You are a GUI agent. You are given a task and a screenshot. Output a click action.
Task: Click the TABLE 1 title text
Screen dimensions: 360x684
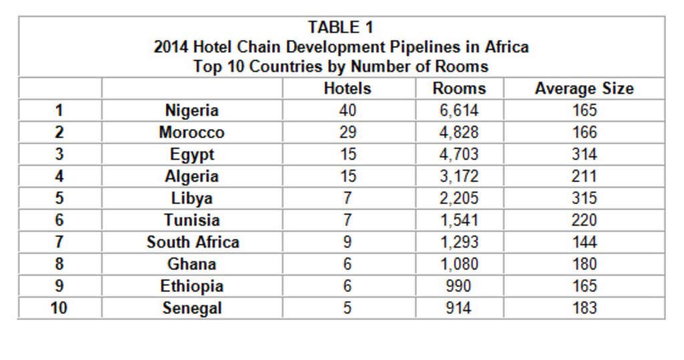341,27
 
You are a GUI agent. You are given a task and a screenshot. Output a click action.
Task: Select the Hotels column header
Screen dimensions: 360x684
347,88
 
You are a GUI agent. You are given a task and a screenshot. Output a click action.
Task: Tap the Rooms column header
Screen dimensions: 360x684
460,88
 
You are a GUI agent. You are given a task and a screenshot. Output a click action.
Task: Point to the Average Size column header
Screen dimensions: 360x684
584,88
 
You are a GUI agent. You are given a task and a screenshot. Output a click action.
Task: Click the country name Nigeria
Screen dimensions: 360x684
192,110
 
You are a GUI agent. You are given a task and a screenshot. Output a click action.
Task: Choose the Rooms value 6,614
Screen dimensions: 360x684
460,110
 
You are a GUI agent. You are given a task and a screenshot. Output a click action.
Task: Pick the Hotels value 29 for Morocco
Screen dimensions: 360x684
347,132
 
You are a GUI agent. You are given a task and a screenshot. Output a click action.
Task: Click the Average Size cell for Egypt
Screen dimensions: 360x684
584,154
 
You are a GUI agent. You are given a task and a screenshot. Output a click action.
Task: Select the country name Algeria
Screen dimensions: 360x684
192,176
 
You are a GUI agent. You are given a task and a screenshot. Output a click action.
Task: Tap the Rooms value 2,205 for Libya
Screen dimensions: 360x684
460,198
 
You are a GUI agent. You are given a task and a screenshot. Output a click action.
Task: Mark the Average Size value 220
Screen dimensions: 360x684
584,220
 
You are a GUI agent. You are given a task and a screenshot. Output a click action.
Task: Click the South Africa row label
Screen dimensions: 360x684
192,242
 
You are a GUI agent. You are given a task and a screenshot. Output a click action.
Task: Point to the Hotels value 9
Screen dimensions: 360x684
347,242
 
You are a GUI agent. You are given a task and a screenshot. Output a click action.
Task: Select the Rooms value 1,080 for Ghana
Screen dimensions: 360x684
460,264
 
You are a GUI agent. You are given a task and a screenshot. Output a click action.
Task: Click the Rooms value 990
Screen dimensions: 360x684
460,287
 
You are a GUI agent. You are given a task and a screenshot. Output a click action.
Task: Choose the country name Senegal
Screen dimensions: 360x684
192,309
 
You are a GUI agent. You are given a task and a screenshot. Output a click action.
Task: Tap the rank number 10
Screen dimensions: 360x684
59,309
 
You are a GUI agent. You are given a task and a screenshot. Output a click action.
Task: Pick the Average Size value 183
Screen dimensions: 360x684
584,309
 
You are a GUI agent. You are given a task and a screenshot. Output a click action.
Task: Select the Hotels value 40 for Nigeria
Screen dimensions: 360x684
347,110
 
